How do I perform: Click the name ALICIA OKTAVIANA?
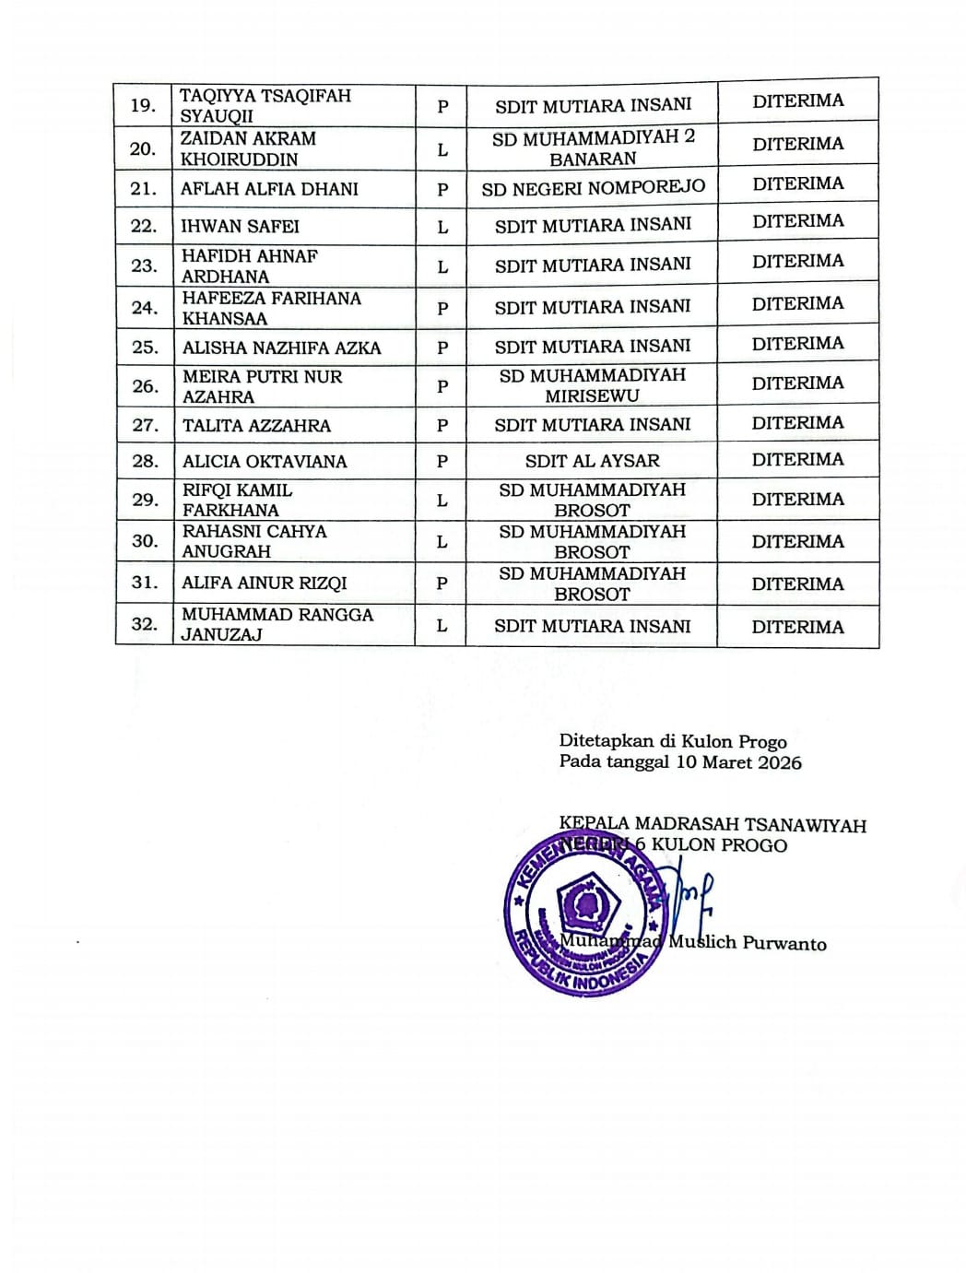265,462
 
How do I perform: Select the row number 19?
143,105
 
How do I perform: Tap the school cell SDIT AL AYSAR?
592,461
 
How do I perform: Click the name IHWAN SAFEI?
240,227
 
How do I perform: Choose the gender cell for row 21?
442,190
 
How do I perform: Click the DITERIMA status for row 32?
797,627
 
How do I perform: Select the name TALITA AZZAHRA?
256,426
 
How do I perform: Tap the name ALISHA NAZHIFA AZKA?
281,348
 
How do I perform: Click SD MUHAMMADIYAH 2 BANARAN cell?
593,147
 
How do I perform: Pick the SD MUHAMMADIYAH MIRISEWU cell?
592,385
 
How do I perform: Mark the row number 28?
144,461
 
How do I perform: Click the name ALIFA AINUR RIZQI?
265,583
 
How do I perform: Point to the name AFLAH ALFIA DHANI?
269,190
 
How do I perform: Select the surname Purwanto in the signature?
784,943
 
